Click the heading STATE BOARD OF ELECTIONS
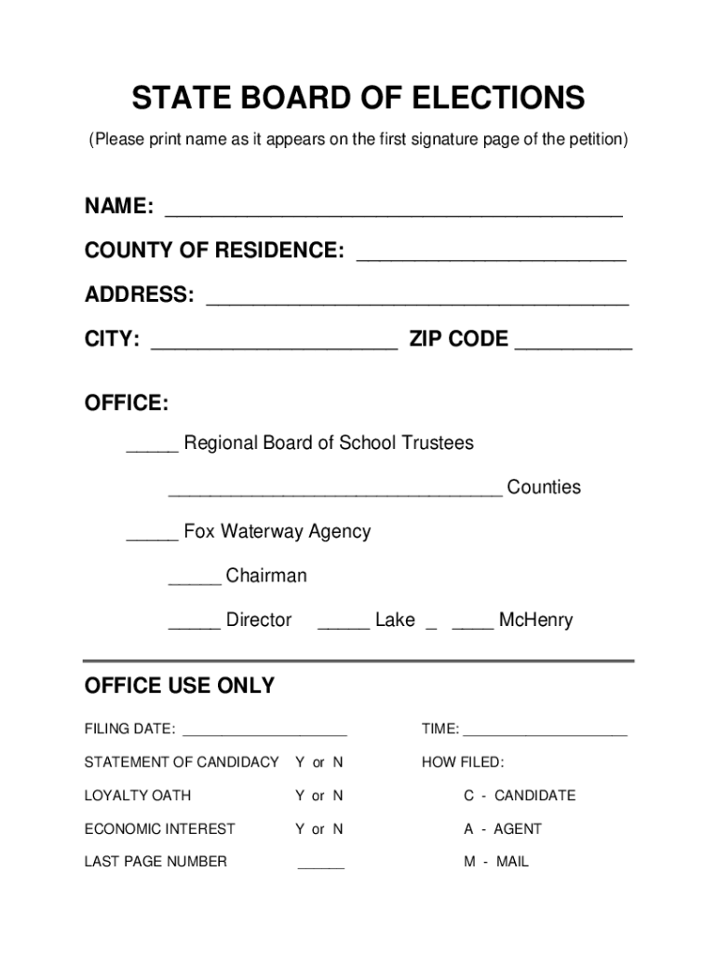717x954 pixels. (358, 97)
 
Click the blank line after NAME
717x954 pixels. (393, 212)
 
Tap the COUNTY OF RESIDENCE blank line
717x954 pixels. (491, 257)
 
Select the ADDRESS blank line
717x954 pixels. (417, 302)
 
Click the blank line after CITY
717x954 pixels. (274, 346)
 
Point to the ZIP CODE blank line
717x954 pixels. (574, 346)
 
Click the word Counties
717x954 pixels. (544, 487)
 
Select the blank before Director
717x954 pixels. (194, 626)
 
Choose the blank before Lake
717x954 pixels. (344, 626)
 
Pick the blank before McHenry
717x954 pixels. (473, 626)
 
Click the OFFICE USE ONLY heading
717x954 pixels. (180, 687)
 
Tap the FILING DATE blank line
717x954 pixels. (264, 733)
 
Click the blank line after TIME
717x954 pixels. (545, 733)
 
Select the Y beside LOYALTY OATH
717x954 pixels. (300, 796)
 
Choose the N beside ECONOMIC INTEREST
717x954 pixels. (338, 829)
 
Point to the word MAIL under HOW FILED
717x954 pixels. (512, 863)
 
